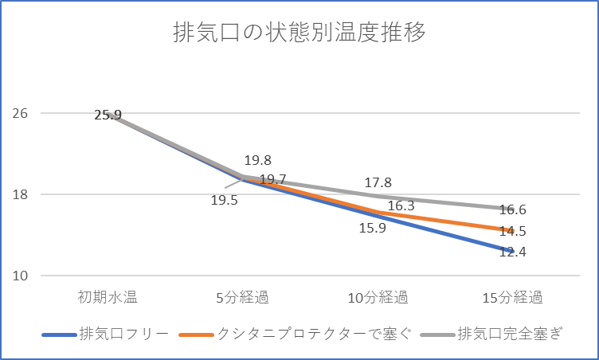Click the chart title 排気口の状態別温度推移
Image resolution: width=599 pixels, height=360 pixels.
[x=299, y=34]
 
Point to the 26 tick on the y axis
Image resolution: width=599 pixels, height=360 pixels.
[x=21, y=113]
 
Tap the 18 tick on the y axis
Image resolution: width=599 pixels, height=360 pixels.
[x=21, y=194]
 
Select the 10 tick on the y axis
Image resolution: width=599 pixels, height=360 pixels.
[x=21, y=276]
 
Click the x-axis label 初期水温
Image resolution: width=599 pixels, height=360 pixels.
[x=108, y=299]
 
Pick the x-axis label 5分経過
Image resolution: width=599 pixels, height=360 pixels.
[x=243, y=299]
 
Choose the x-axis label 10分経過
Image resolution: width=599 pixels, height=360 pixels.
[x=378, y=299]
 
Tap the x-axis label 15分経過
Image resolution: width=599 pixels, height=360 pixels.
[x=514, y=299]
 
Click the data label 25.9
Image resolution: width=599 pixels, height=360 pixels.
[x=108, y=115]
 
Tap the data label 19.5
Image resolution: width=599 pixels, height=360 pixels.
[x=225, y=201]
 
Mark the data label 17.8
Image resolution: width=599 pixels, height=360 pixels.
[x=378, y=183]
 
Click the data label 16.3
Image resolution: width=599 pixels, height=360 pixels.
[x=401, y=205]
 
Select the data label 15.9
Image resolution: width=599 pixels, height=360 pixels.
[x=373, y=229]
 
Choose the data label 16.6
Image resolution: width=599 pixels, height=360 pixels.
[x=513, y=210]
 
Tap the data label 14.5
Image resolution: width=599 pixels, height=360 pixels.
[x=513, y=231]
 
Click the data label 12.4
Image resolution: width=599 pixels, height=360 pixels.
[x=513, y=252]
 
